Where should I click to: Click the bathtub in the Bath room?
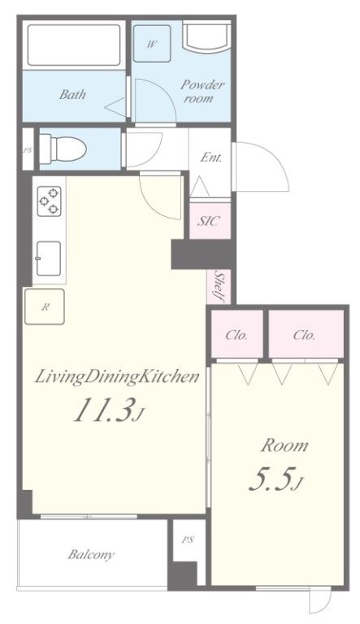pos(74,45)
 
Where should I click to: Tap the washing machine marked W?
pos(152,44)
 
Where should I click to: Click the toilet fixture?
pos(63,149)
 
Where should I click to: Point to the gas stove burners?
pos(49,201)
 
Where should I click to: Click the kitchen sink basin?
pos(49,258)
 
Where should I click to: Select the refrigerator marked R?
pos(45,307)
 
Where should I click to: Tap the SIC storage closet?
pos(210,221)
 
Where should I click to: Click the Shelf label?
pos(219,286)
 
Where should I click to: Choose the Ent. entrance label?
pos(210,158)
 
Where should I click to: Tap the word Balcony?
pos(91,554)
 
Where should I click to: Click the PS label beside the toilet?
pos(28,151)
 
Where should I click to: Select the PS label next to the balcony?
pos(188,539)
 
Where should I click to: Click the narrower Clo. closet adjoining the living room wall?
pos(236,334)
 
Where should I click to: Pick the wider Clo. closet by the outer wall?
pos(306,334)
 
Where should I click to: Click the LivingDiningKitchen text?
pos(117,377)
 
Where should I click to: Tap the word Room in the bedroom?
pos(284,445)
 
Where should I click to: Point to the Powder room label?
pos(202,92)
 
